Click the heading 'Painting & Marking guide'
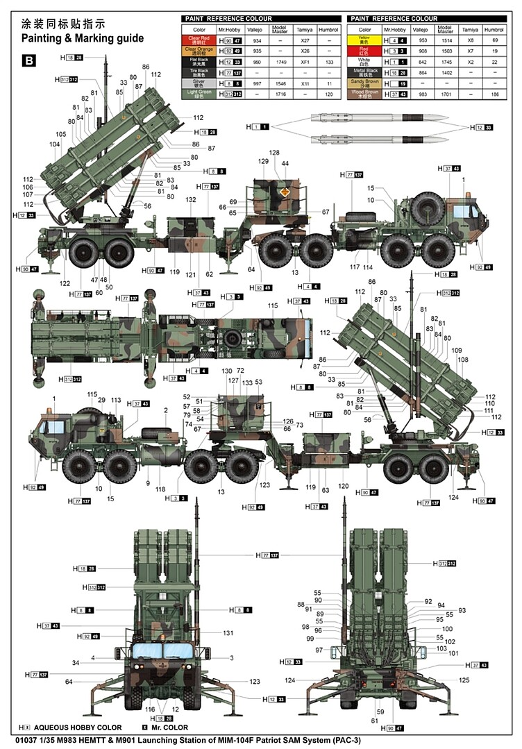(x=83, y=38)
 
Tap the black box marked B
(x=29, y=61)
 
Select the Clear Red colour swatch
(x=199, y=41)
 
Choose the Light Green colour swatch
(x=199, y=93)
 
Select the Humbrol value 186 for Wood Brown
(x=494, y=93)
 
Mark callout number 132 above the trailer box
(x=191, y=199)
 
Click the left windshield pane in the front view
(x=146, y=650)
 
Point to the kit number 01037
(x=16, y=741)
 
